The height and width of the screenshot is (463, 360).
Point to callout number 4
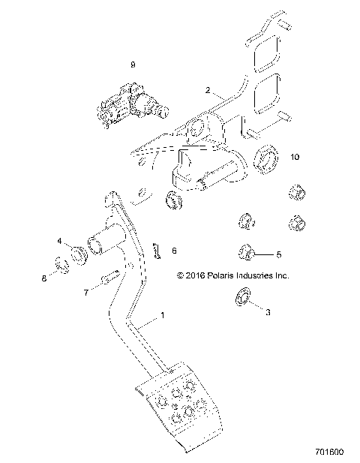tap(60, 241)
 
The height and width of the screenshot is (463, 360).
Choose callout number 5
tap(279, 254)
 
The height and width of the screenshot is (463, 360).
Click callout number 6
tap(174, 251)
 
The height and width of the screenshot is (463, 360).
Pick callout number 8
tap(44, 278)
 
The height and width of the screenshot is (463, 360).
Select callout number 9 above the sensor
tap(133, 65)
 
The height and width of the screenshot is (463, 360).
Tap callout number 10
tap(295, 157)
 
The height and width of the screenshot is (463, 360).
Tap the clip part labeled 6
tap(158, 251)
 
